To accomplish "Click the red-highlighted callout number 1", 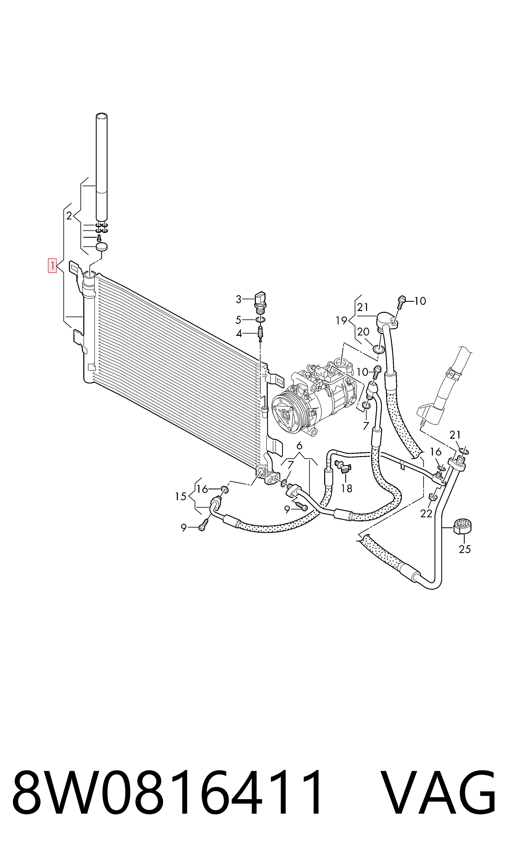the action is tap(52, 265).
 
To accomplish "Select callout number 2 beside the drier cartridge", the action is tap(69, 216).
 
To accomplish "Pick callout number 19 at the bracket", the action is tap(342, 321).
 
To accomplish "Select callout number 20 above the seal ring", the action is tap(363, 332).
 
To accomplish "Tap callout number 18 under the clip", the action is tap(347, 488).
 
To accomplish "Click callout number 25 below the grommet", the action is tap(465, 549).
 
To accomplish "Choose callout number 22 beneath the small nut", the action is tap(426, 514).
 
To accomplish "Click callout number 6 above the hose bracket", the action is tap(300, 446).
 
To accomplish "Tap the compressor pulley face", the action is tap(286, 414).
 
